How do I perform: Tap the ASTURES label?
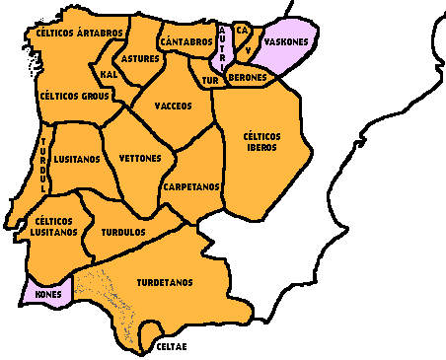point(142,59)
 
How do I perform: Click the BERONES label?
point(246,77)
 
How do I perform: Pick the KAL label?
point(109,74)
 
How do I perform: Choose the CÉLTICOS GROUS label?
point(75,97)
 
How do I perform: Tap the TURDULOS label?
point(123,232)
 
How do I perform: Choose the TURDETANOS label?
point(164,283)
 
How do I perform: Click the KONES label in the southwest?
point(48,294)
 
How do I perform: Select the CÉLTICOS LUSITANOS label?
point(55,226)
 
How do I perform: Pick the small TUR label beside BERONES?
point(210,78)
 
